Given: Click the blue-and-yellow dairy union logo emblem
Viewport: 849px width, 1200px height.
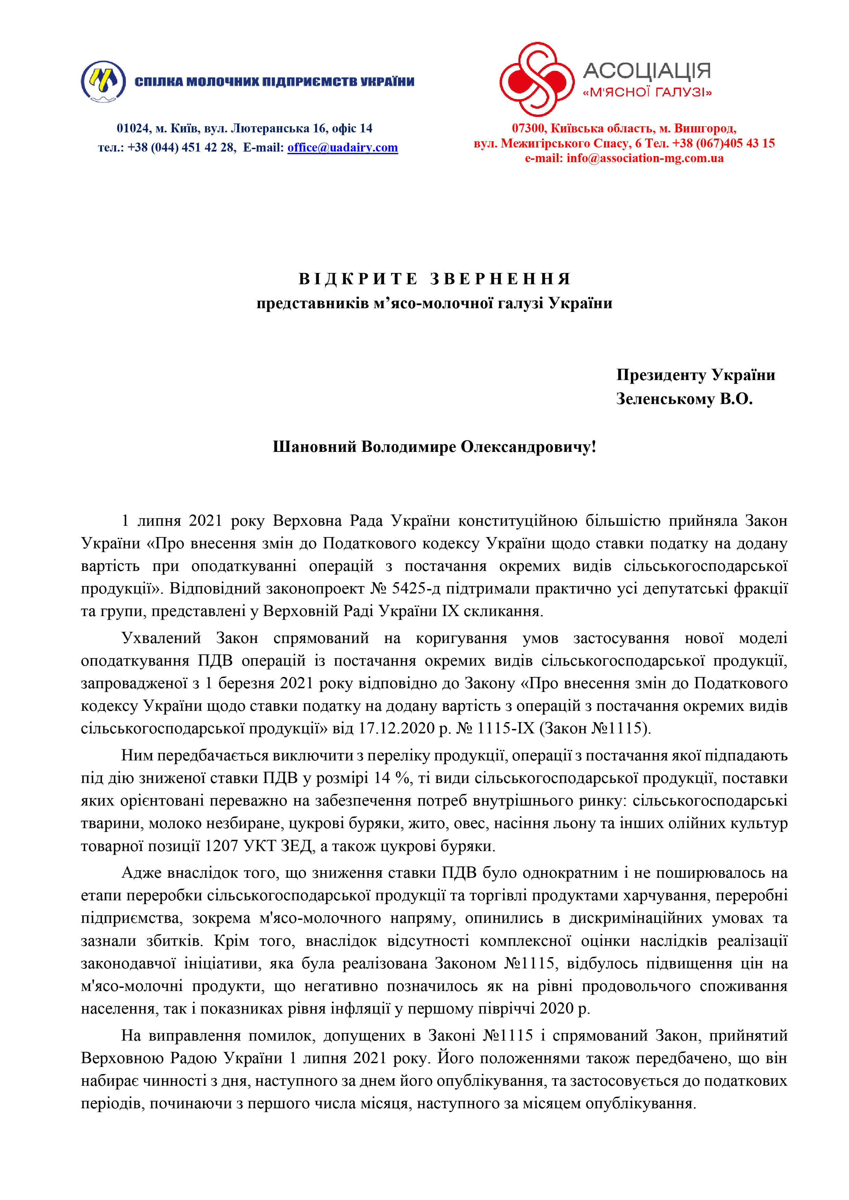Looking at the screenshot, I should [103, 81].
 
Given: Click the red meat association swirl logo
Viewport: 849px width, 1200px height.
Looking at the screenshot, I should [537, 79].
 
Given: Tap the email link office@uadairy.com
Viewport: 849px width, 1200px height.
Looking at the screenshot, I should [343, 147].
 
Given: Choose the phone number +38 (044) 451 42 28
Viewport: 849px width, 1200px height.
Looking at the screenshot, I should [181, 147].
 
